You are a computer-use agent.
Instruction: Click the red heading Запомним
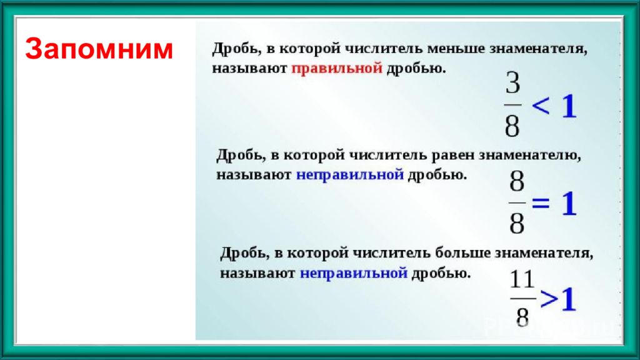pyautogui.click(x=99, y=49)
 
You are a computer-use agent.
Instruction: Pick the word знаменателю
pyautogui.click(x=530, y=156)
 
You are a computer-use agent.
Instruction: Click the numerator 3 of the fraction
pyautogui.click(x=513, y=83)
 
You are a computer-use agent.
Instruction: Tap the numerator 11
pyautogui.click(x=522, y=279)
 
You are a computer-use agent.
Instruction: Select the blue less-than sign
pyautogui.click(x=541, y=106)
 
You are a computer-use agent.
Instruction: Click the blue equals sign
pyautogui.click(x=541, y=203)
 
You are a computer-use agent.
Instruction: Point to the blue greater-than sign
pyautogui.click(x=549, y=299)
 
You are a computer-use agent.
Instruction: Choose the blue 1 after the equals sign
pyautogui.click(x=569, y=203)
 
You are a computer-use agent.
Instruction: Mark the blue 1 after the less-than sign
pyautogui.click(x=569, y=106)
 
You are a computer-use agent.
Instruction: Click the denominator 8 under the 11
pyautogui.click(x=522, y=317)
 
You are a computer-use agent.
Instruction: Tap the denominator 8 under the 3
pyautogui.click(x=512, y=126)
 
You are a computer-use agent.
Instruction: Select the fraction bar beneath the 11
pyautogui.click(x=523, y=299)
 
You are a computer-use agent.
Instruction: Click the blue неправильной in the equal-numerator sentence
pyautogui.click(x=350, y=175)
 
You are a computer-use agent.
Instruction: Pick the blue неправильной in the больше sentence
pyautogui.click(x=354, y=273)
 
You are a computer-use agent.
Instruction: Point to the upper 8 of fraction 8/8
pyautogui.click(x=517, y=181)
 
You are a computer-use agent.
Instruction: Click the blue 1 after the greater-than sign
pyautogui.click(x=567, y=299)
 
